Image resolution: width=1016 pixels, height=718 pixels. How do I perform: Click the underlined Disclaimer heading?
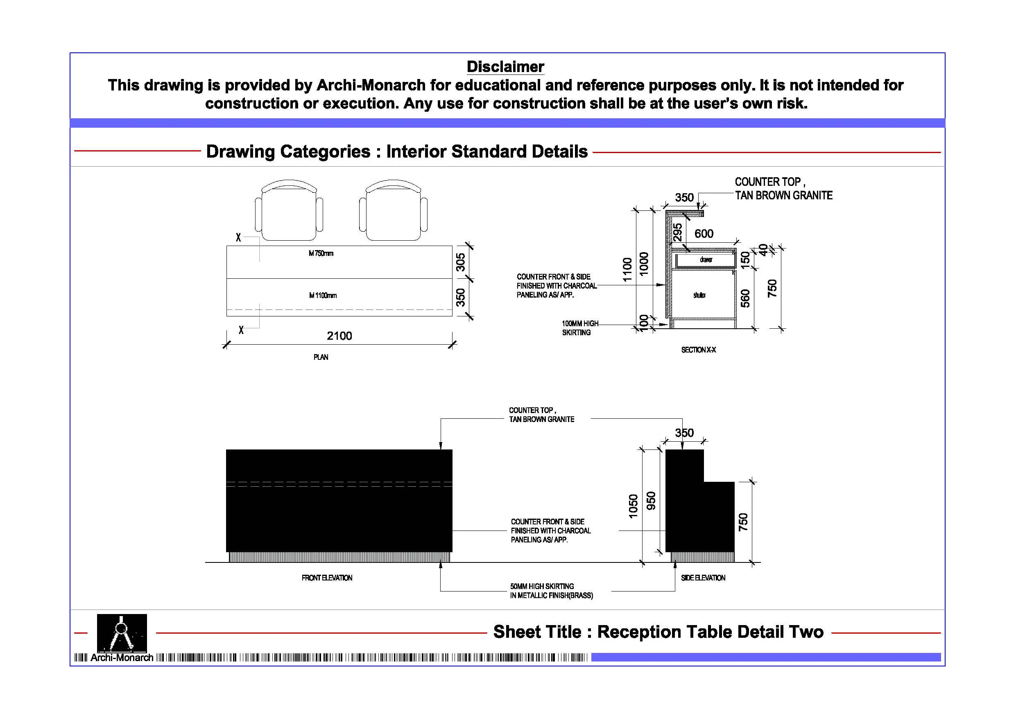coord(505,67)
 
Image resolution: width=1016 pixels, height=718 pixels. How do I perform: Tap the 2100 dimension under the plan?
coord(339,336)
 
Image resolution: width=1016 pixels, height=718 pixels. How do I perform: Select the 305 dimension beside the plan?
coord(461,262)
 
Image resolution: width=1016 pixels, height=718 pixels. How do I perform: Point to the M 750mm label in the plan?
coord(321,253)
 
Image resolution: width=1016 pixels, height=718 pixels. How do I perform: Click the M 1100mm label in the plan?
coord(323,296)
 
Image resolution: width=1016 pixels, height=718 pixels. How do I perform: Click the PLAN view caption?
coord(321,357)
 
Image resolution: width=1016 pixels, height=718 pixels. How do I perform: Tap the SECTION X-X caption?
coord(698,350)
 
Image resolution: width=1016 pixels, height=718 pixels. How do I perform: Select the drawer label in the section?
coord(706,260)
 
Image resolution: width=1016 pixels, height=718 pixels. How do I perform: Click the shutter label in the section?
coord(699,295)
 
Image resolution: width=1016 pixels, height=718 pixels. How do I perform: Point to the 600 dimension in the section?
coord(704,234)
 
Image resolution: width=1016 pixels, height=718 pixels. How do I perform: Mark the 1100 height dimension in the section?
coord(627,269)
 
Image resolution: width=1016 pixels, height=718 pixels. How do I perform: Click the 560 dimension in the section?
coord(745,298)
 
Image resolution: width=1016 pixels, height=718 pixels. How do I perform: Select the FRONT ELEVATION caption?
coord(327,578)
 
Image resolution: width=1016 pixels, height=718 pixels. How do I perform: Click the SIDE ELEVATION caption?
coord(703,578)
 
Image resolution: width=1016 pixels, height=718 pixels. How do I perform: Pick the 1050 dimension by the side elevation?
coord(633,506)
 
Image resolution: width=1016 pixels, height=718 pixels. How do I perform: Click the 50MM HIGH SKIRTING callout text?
coord(551,591)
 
